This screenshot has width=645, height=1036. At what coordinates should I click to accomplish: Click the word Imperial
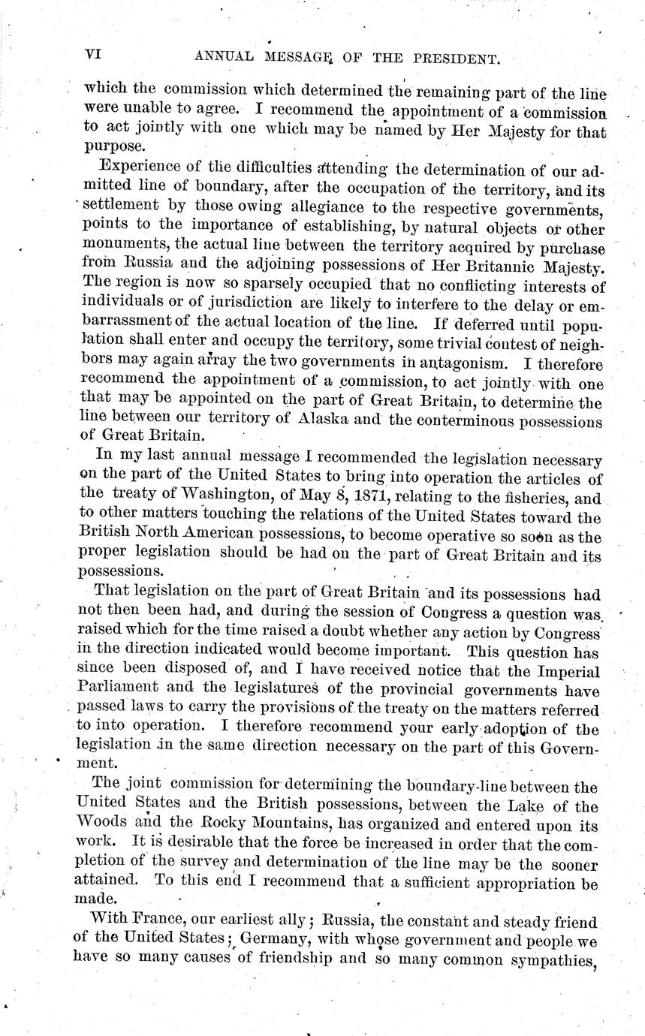[x=565, y=670]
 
